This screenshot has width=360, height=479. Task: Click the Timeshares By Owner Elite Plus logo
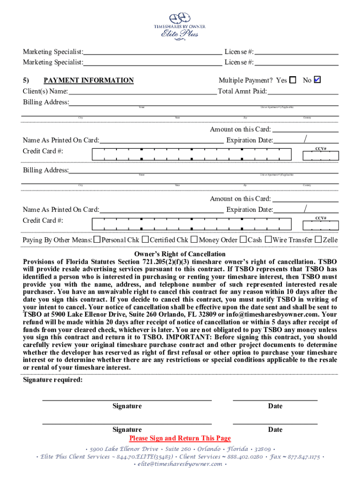click(180, 25)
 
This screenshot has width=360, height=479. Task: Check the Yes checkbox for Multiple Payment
click(293, 80)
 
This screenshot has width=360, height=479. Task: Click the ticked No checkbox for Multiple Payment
click(317, 80)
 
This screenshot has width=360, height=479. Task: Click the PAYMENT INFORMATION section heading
click(88, 80)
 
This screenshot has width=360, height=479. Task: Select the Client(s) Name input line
click(143, 92)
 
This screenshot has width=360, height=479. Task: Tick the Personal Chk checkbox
click(97, 239)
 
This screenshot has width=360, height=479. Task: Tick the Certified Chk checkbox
click(145, 239)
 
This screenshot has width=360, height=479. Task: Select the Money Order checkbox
click(194, 239)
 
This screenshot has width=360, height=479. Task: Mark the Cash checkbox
click(243, 239)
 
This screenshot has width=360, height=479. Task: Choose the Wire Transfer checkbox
click(268, 239)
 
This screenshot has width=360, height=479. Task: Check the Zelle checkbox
click(318, 239)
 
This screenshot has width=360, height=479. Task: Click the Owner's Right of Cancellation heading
click(180, 254)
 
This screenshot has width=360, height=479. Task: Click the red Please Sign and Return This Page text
click(180, 438)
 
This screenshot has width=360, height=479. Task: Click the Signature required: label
click(53, 380)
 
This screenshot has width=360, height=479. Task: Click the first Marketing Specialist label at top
click(53, 51)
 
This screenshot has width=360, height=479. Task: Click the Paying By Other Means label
click(57, 240)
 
